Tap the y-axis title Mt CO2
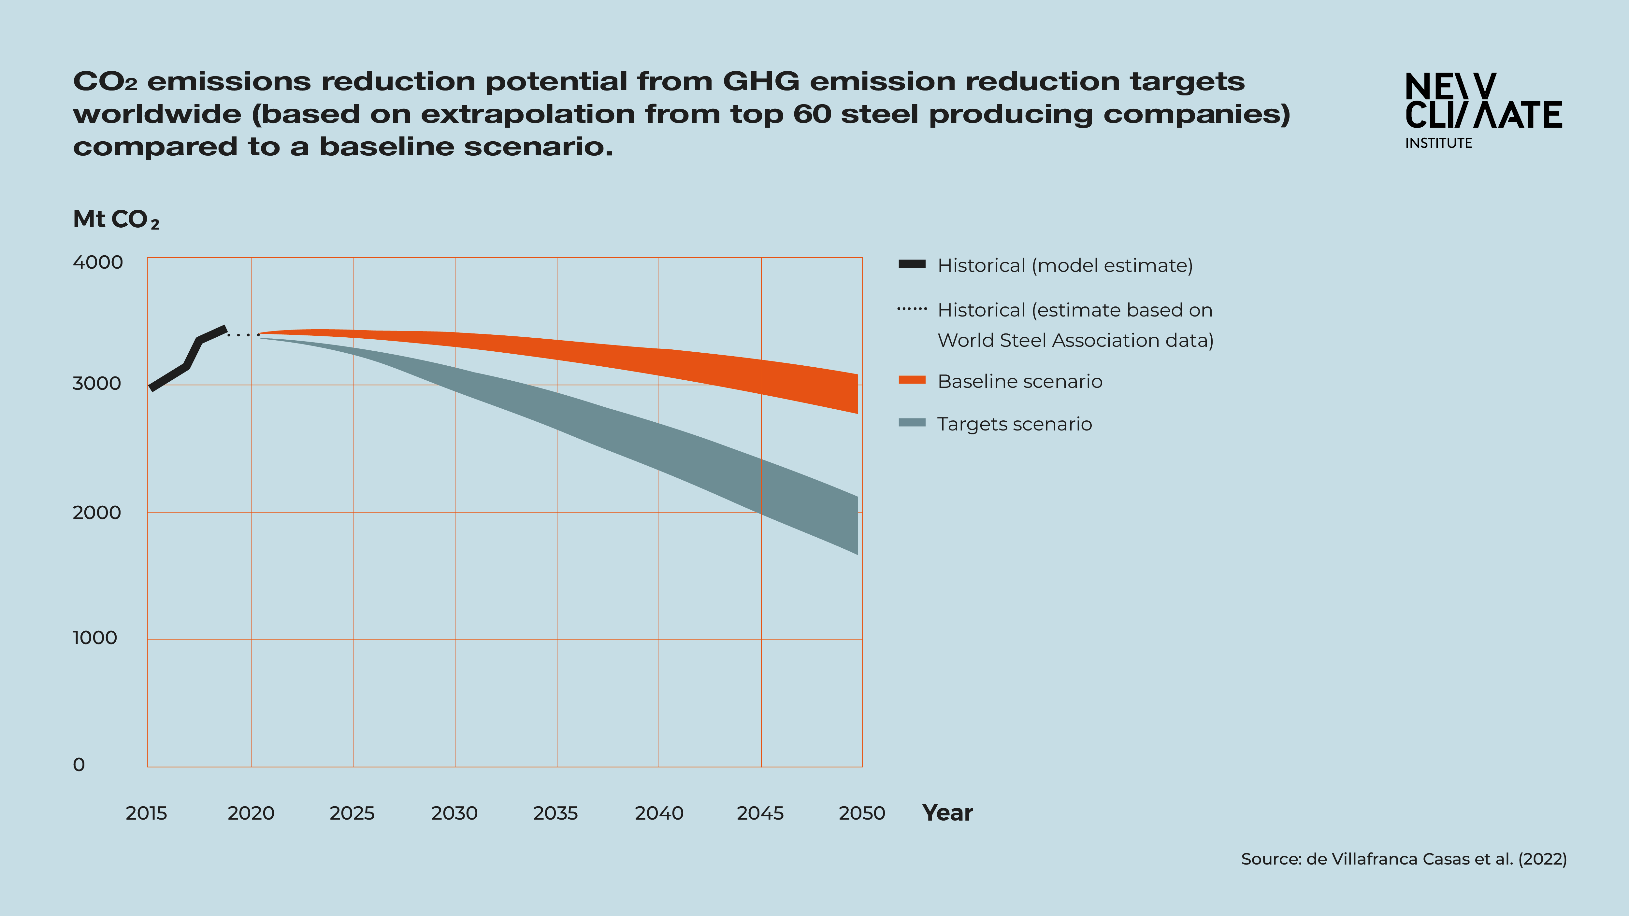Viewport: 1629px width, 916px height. pos(116,219)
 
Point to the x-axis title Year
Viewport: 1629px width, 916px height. pos(947,813)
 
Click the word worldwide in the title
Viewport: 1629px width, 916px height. pos(157,114)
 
